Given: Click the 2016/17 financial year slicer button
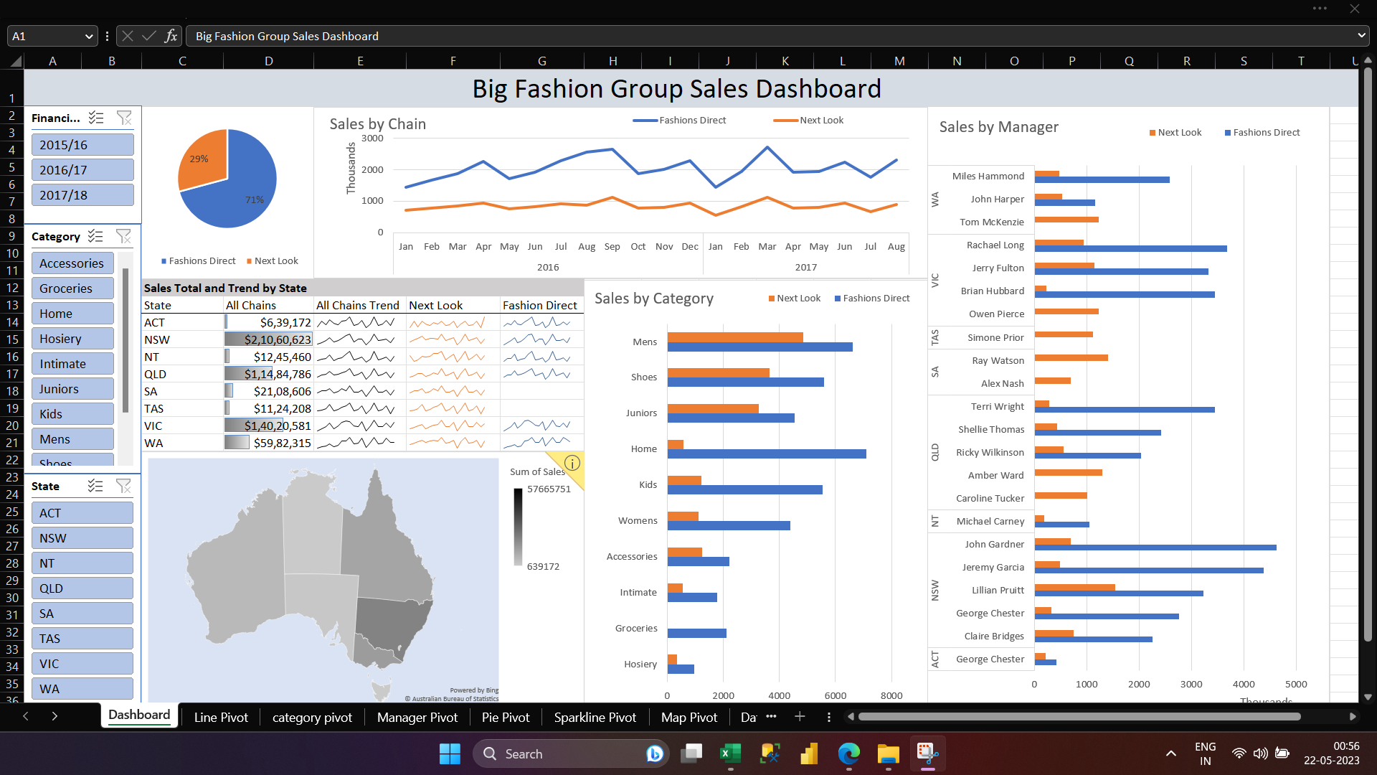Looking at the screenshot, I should click(82, 170).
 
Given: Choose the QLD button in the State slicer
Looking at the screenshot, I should click(82, 588).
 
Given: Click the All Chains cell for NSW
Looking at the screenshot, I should click(268, 339).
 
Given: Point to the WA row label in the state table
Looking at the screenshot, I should click(153, 443).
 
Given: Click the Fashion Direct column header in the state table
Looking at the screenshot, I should click(539, 305).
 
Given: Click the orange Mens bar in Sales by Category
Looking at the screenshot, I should click(734, 337).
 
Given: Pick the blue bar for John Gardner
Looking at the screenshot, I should click(1155, 548).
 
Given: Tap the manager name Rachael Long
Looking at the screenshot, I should click(995, 245).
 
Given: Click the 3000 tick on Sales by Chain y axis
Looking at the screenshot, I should click(372, 138).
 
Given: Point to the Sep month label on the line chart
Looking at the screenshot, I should click(612, 246).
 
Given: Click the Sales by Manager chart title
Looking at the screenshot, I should click(998, 127).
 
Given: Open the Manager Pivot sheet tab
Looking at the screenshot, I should click(417, 718).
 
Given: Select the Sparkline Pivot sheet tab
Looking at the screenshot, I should click(595, 718).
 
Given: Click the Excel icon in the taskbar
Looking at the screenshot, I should click(730, 753).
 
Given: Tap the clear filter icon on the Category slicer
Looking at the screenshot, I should click(123, 236).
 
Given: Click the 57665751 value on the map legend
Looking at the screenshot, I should click(549, 489).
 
